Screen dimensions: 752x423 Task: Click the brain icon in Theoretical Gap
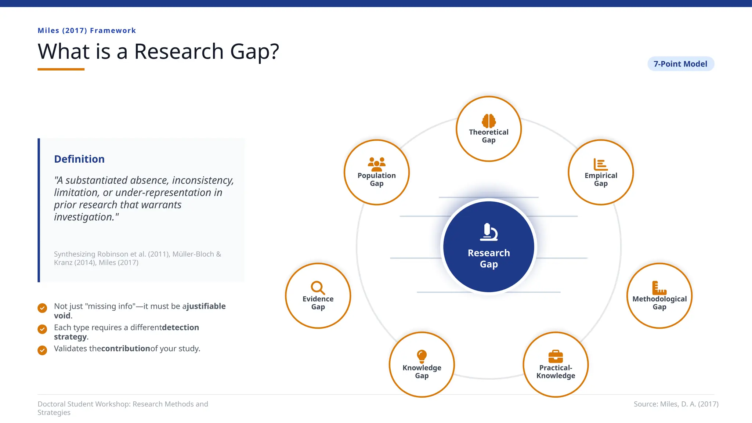pyautogui.click(x=489, y=121)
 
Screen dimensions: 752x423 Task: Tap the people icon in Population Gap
pyautogui.click(x=377, y=164)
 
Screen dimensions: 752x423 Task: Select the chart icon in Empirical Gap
pyautogui.click(x=601, y=164)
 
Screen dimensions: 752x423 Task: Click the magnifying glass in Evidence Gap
pyautogui.click(x=318, y=288)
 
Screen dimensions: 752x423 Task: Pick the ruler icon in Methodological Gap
pyautogui.click(x=659, y=288)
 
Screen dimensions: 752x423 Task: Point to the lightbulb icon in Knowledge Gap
pyautogui.click(x=422, y=356)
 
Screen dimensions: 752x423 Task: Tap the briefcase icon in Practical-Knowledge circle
pyautogui.click(x=556, y=356)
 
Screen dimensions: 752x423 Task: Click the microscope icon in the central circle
pyautogui.click(x=489, y=232)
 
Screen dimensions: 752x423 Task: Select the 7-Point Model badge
pyautogui.click(x=680, y=64)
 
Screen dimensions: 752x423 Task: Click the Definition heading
pyautogui.click(x=79, y=159)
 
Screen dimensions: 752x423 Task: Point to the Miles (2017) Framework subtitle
pyautogui.click(x=87, y=30)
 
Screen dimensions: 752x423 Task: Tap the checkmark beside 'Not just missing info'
pyautogui.click(x=42, y=308)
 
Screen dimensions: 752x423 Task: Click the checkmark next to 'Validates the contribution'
pyautogui.click(x=42, y=350)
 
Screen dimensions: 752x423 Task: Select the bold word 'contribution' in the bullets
pyautogui.click(x=126, y=348)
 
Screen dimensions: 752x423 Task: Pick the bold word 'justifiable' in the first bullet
pyautogui.click(x=206, y=306)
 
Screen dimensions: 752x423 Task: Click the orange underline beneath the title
pyautogui.click(x=61, y=69)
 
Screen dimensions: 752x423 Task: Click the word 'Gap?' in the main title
pyautogui.click(x=254, y=51)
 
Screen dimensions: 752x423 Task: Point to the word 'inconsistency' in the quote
pyautogui.click(x=203, y=180)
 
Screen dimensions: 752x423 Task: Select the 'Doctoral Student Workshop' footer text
pyautogui.click(x=123, y=404)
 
